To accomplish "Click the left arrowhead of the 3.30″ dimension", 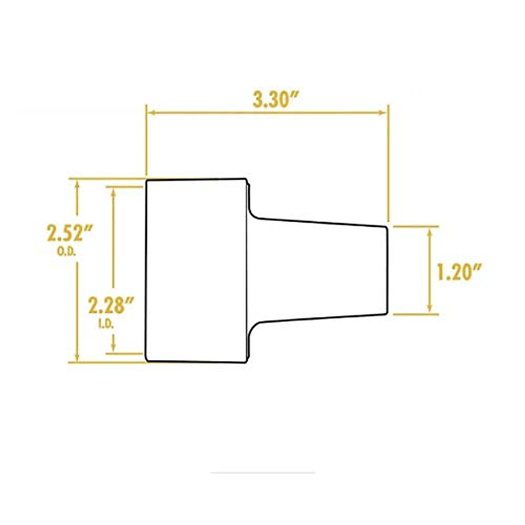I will pyautogui.click(x=150, y=112).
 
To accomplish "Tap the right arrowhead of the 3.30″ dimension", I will pyautogui.click(x=383, y=112).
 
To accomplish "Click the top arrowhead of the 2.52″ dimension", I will pyautogui.click(x=77, y=184).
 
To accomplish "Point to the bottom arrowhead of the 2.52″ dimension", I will pyautogui.click(x=77, y=357).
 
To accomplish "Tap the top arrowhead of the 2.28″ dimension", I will pyautogui.click(x=114, y=192).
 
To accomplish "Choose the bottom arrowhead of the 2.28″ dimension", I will pyautogui.click(x=114, y=348).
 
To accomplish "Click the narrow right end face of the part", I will pyautogui.click(x=387, y=269).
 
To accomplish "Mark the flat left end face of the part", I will pyautogui.click(x=147, y=270).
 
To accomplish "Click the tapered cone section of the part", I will pyautogui.click(x=319, y=270).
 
